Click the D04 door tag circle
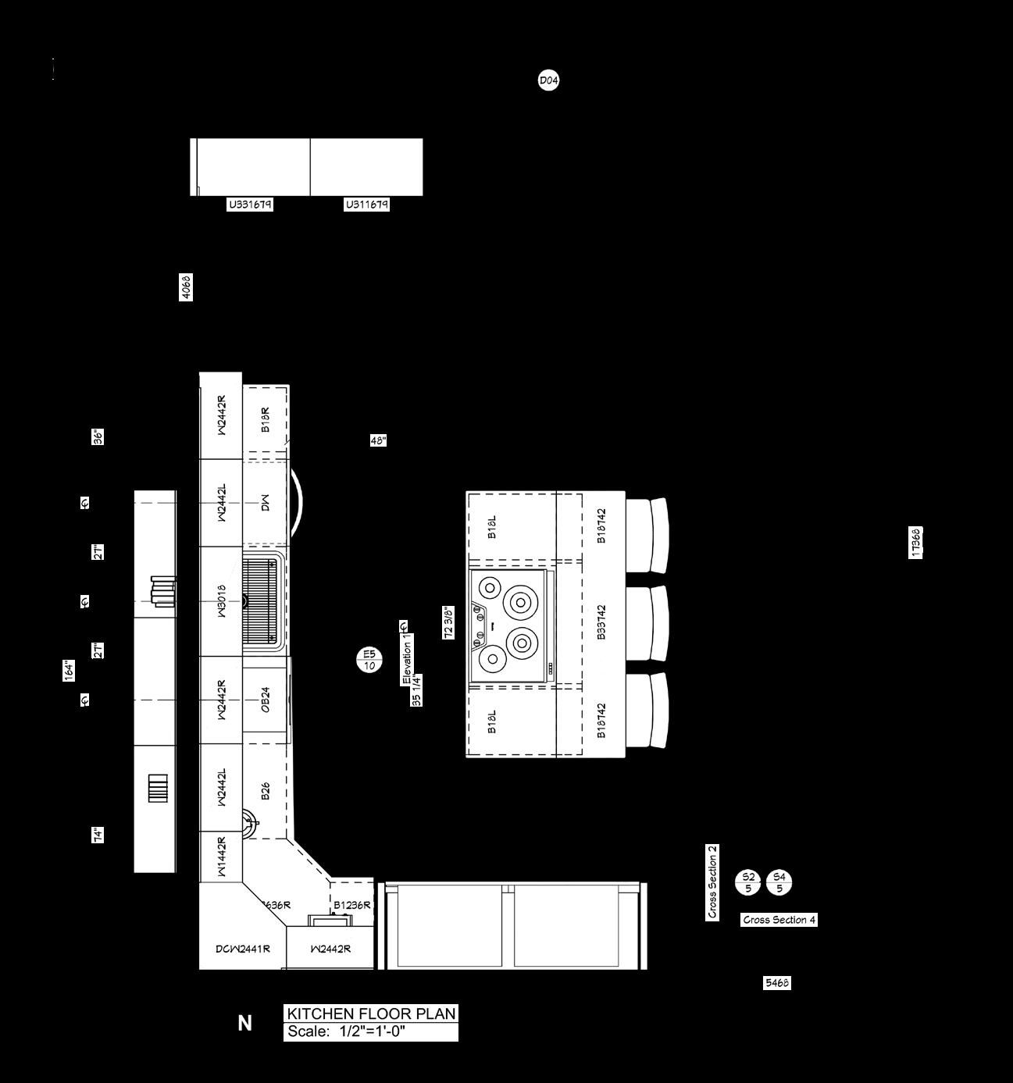coord(549,80)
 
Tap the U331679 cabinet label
coord(251,205)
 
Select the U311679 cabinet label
coord(367,205)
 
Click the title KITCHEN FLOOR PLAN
coord(371,1014)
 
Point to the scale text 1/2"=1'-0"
coord(372,1031)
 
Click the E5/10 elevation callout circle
coord(369,660)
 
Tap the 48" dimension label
coord(378,440)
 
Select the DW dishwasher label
coord(266,502)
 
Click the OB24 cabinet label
coord(266,700)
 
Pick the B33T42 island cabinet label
coord(601,622)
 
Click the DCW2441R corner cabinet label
coord(243,949)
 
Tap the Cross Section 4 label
coord(779,920)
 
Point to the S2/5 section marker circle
coord(748,882)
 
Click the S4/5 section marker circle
coord(779,882)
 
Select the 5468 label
coord(776,983)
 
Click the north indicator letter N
coord(245,1023)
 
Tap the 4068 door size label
coord(186,287)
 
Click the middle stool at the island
coord(650,623)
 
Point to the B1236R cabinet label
coord(351,905)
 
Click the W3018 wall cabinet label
coord(221,601)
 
